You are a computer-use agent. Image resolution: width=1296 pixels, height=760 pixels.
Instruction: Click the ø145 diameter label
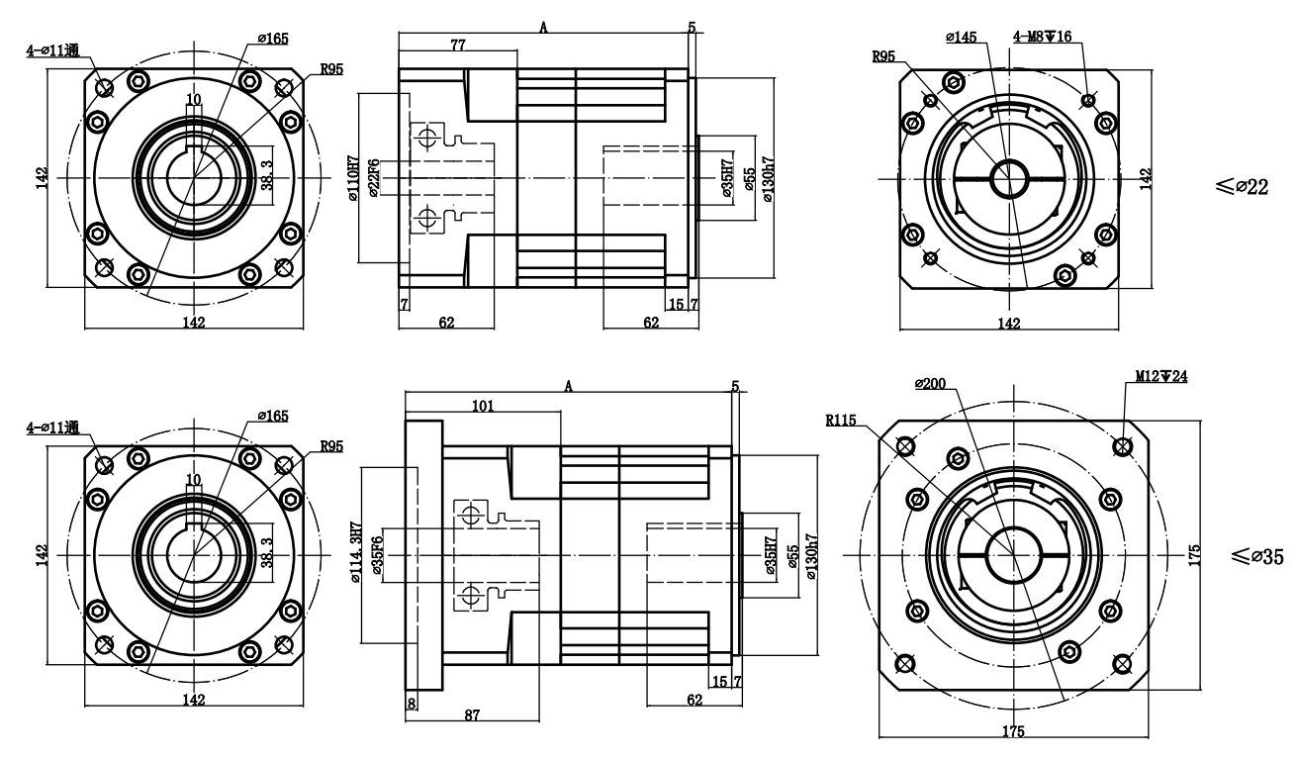(961, 38)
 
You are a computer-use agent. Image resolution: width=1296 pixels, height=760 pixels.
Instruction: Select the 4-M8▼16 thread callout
(1041, 38)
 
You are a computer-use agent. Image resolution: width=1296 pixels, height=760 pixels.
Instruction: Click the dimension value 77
(458, 46)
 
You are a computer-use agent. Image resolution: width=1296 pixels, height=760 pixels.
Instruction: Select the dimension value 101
(483, 406)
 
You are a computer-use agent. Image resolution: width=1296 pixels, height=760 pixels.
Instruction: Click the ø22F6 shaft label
(374, 179)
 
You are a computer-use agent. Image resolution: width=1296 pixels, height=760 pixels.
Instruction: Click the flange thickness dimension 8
(412, 700)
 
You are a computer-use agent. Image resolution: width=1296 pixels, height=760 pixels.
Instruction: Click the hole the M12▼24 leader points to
(1122, 447)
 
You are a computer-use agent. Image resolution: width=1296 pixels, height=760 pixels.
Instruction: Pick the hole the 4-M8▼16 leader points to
(1088, 101)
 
